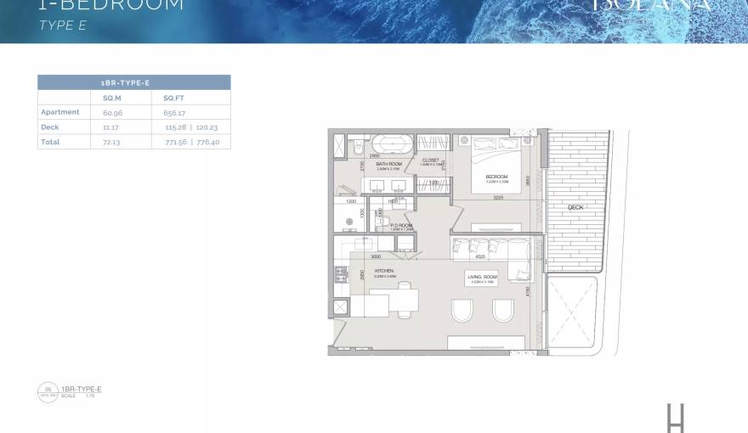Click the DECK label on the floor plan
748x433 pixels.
(x=575, y=207)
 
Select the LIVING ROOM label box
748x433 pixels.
(x=481, y=278)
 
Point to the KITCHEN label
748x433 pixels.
(x=383, y=273)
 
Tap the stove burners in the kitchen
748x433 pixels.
(x=341, y=274)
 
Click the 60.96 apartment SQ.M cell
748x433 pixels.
(x=112, y=112)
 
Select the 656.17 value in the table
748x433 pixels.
(x=174, y=112)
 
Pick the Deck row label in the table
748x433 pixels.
(x=50, y=127)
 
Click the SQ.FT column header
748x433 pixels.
(x=174, y=98)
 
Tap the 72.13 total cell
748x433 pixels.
(x=111, y=143)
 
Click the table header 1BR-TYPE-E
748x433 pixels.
(x=133, y=82)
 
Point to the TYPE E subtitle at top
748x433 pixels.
(x=63, y=26)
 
